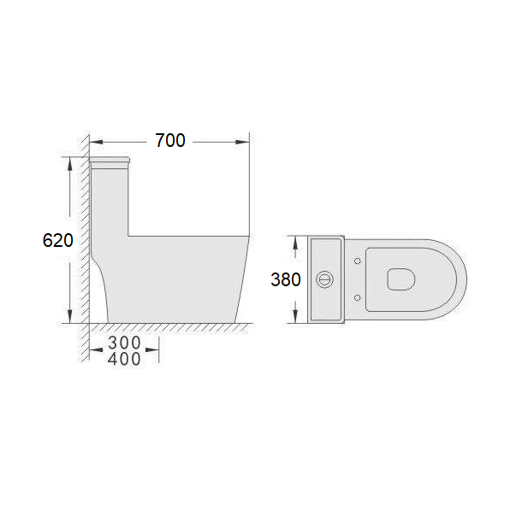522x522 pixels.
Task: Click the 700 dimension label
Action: click(x=170, y=140)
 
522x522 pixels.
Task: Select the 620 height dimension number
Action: click(x=57, y=240)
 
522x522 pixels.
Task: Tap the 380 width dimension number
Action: click(x=286, y=279)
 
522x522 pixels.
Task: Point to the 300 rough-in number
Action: click(x=124, y=343)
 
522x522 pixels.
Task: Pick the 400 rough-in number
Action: click(x=124, y=359)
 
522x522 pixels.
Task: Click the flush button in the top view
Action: click(x=323, y=279)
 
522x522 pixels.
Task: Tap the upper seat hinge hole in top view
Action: click(x=357, y=261)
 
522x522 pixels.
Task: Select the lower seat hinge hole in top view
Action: click(x=357, y=297)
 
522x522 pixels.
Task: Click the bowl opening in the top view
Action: click(x=401, y=279)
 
